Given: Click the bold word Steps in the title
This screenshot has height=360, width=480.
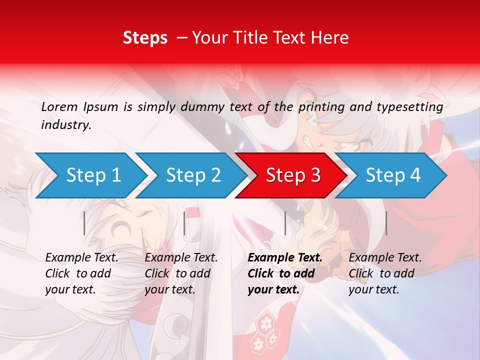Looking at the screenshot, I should click(x=145, y=37).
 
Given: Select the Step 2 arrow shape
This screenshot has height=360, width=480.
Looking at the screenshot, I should click(x=193, y=175).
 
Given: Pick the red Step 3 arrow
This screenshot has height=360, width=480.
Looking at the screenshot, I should click(x=293, y=175).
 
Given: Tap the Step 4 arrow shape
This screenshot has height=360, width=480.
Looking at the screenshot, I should click(x=393, y=175).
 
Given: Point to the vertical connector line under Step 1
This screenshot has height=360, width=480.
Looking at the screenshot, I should click(x=84, y=223).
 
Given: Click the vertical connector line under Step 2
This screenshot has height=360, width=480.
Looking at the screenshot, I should click(x=184, y=223).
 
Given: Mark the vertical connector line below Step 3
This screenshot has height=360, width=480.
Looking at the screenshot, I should click(x=285, y=223).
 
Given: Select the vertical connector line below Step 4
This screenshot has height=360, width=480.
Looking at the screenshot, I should click(x=386, y=223).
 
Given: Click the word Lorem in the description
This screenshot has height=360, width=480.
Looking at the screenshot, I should click(x=59, y=106).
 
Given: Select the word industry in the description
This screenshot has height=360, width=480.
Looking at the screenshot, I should click(x=66, y=125).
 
